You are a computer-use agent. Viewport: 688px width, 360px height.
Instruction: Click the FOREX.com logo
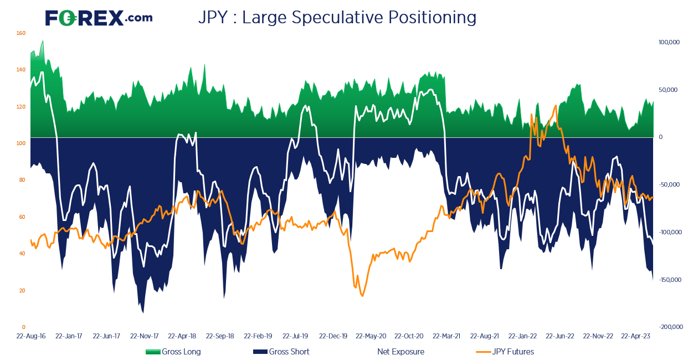click(x=99, y=18)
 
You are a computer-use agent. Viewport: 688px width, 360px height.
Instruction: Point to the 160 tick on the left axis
click(x=20, y=33)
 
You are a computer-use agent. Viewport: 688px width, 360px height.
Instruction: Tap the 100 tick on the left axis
click(x=20, y=143)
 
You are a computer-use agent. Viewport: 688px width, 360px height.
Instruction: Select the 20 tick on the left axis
click(x=22, y=291)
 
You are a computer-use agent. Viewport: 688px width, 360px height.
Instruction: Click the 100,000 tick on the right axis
click(x=669, y=43)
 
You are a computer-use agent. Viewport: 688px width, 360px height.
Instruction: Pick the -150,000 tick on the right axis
click(x=670, y=280)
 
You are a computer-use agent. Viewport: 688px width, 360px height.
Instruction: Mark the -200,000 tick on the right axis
click(x=670, y=327)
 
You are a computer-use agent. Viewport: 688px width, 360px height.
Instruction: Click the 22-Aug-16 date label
click(x=30, y=336)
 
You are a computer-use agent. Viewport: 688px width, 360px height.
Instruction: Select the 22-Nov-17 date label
click(x=145, y=336)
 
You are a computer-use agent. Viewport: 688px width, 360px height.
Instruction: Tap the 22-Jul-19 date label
click(x=295, y=336)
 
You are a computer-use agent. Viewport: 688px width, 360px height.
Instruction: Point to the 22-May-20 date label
click(x=371, y=336)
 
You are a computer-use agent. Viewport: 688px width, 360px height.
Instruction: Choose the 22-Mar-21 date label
click(x=446, y=336)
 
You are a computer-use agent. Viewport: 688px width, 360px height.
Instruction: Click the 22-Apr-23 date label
click(x=635, y=336)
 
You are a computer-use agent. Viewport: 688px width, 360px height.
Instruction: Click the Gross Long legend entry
click(x=173, y=352)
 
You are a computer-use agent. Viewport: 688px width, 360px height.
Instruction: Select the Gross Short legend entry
click(x=281, y=352)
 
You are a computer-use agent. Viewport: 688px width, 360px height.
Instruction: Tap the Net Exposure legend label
click(x=401, y=352)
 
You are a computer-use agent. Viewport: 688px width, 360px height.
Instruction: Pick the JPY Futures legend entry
click(x=505, y=352)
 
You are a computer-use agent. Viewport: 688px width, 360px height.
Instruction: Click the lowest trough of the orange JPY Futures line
click(x=362, y=296)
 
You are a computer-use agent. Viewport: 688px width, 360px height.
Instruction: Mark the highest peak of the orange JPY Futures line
click(x=556, y=106)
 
